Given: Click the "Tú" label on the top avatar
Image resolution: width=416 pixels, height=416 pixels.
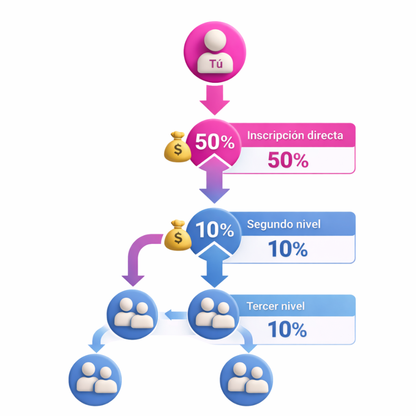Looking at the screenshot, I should tap(216, 64).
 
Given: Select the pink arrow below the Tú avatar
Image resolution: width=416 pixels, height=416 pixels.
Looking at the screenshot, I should tap(214, 100).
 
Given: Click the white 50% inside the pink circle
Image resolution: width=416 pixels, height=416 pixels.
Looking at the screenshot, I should tap(214, 142).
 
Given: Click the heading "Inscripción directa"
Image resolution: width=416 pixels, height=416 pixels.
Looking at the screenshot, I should tap(295, 135).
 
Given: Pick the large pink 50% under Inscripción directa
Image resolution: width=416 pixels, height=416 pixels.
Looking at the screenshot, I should tap(288, 161).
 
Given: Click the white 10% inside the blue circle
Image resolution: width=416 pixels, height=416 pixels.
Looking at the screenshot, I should tap(214, 230).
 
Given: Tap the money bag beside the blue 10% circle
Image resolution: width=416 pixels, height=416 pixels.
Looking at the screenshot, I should tap(178, 236).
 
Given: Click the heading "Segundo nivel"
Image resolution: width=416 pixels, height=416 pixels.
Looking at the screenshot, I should tap(284, 224).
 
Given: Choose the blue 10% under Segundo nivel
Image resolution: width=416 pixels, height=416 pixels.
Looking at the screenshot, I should tap(288, 249).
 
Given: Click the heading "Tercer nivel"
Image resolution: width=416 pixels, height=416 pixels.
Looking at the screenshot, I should tap(275, 305).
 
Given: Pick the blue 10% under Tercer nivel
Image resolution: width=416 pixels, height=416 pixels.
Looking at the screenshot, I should tap(288, 330).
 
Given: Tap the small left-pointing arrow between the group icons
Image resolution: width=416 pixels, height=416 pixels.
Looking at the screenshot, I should tap(173, 314).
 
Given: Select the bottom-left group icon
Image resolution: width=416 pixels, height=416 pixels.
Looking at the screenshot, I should tap(95, 379).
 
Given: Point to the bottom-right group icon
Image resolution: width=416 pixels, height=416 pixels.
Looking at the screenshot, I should tap(246, 379).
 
